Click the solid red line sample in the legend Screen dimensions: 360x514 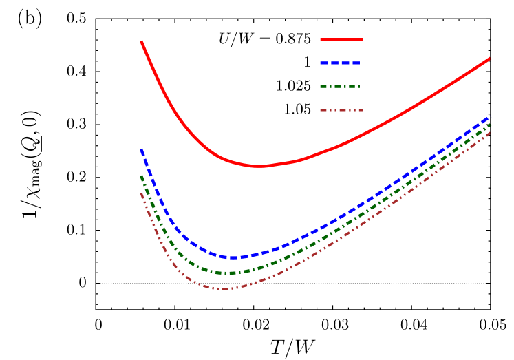click(x=341, y=40)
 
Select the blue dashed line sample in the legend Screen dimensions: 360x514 click(x=341, y=63)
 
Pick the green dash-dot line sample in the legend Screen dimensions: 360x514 click(x=341, y=87)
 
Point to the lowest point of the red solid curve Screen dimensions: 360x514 click(x=257, y=166)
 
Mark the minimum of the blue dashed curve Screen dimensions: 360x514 click(x=233, y=257)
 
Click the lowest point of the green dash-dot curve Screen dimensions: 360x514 click(x=227, y=273)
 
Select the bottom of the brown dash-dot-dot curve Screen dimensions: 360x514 click(x=224, y=289)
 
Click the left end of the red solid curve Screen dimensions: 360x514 click(x=142, y=41)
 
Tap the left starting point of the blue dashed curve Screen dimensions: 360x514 click(x=142, y=149)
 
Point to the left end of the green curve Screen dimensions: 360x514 click(x=142, y=176)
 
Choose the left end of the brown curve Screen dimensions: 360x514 click(x=142, y=193)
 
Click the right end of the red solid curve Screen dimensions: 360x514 click(x=490, y=59)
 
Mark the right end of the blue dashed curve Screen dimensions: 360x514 click(x=490, y=117)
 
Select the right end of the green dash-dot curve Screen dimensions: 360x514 click(x=490, y=125)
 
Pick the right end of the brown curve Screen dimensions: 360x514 click(x=490, y=131)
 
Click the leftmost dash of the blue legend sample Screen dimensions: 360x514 click(x=325, y=63)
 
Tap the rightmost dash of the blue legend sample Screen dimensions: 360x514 click(x=356, y=63)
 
